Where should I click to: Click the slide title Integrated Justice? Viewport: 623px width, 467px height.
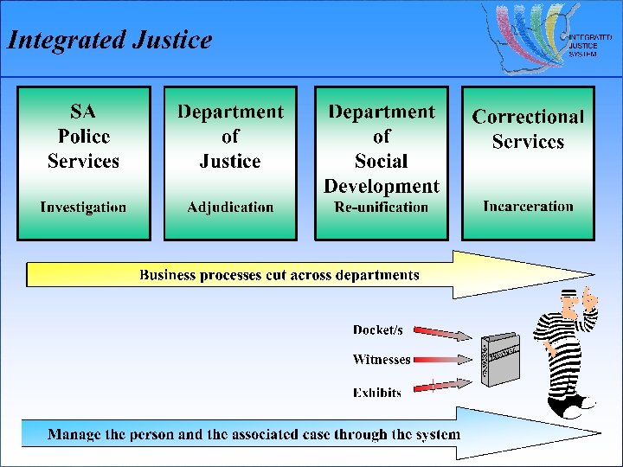pyautogui.click(x=109, y=40)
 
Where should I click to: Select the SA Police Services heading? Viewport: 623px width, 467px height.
pyautogui.click(x=83, y=136)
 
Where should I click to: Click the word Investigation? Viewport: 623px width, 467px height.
pyautogui.click(x=83, y=208)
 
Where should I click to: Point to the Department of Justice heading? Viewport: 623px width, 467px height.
pyautogui.click(x=230, y=136)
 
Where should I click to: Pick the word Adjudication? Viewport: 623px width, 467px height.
pyautogui.click(x=230, y=208)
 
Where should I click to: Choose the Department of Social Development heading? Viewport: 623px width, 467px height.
pyautogui.click(x=382, y=148)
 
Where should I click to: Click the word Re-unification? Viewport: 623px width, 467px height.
pyautogui.click(x=382, y=208)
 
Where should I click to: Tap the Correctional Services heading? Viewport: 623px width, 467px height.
pyautogui.click(x=528, y=129)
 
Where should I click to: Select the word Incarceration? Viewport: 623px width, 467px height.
pyautogui.click(x=528, y=207)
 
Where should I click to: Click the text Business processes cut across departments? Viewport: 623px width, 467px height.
pyautogui.click(x=279, y=275)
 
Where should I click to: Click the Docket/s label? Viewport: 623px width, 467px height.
pyautogui.click(x=377, y=330)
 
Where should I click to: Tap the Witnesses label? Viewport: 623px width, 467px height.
pyautogui.click(x=381, y=360)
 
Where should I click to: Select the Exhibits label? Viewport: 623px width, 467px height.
pyautogui.click(x=377, y=393)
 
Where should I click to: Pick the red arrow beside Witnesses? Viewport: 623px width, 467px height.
pyautogui.click(x=440, y=360)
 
